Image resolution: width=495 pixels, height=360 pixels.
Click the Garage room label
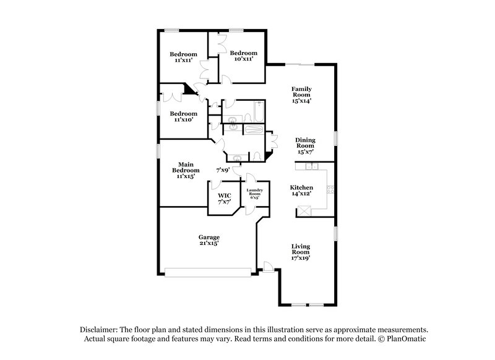(209, 237)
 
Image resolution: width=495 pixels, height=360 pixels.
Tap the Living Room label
(300, 249)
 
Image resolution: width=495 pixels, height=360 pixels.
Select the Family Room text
(301, 93)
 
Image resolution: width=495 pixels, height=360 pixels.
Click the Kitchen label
(301, 187)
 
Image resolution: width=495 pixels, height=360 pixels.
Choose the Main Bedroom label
(186, 167)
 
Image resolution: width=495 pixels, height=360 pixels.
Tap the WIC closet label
(223, 196)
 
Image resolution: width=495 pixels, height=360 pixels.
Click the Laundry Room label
(255, 193)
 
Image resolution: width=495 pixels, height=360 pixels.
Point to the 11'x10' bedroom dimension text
(183, 120)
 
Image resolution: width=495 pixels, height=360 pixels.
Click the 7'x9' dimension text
(223, 169)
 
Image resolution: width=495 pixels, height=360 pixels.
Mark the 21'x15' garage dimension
(209, 244)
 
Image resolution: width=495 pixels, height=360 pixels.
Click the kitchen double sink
(311, 166)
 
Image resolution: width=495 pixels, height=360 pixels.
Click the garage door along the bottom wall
(208, 271)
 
